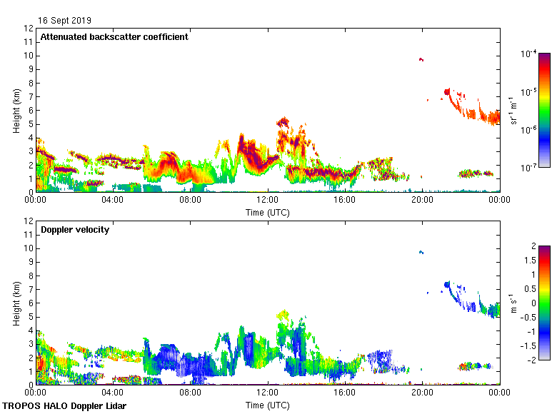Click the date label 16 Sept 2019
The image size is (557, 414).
coord(65,21)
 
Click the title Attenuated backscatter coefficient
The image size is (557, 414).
coord(114,37)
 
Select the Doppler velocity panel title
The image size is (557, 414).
coord(75,230)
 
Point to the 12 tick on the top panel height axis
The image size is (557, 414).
coord(29,29)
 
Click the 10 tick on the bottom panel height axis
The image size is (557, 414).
coord(29,248)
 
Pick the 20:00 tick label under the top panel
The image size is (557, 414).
coord(422,200)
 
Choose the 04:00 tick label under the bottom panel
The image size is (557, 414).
coord(113,393)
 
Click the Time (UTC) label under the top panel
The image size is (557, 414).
coord(268,212)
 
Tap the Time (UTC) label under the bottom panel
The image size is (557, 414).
coord(268,405)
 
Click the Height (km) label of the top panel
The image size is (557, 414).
coord(16,110)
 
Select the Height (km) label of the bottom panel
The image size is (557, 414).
coord(16,303)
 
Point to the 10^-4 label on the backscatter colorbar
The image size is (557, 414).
coord(529,54)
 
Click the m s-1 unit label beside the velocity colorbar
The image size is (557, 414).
coord(513,303)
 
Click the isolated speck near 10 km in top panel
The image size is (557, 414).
coord(421,59)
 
